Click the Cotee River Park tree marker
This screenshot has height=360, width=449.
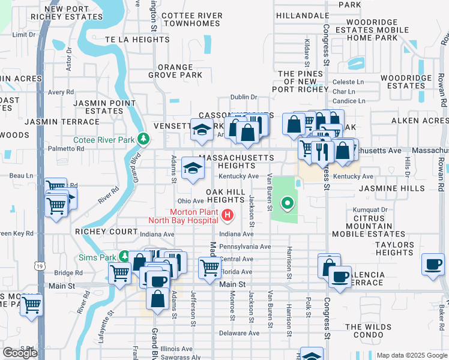click(x=143, y=140)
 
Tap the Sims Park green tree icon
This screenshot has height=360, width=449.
click(x=124, y=256)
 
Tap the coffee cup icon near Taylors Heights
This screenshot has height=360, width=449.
click(x=433, y=264)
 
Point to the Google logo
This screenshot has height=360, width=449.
click(x=20, y=353)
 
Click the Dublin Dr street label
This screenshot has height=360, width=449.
click(x=244, y=97)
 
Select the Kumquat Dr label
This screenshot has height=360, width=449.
click(x=370, y=209)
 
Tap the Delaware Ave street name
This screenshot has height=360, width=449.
click(x=238, y=333)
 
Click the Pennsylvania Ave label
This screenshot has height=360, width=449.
click(x=245, y=247)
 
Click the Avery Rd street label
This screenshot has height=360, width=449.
click(x=61, y=92)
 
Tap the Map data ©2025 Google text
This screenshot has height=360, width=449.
click(x=411, y=355)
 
